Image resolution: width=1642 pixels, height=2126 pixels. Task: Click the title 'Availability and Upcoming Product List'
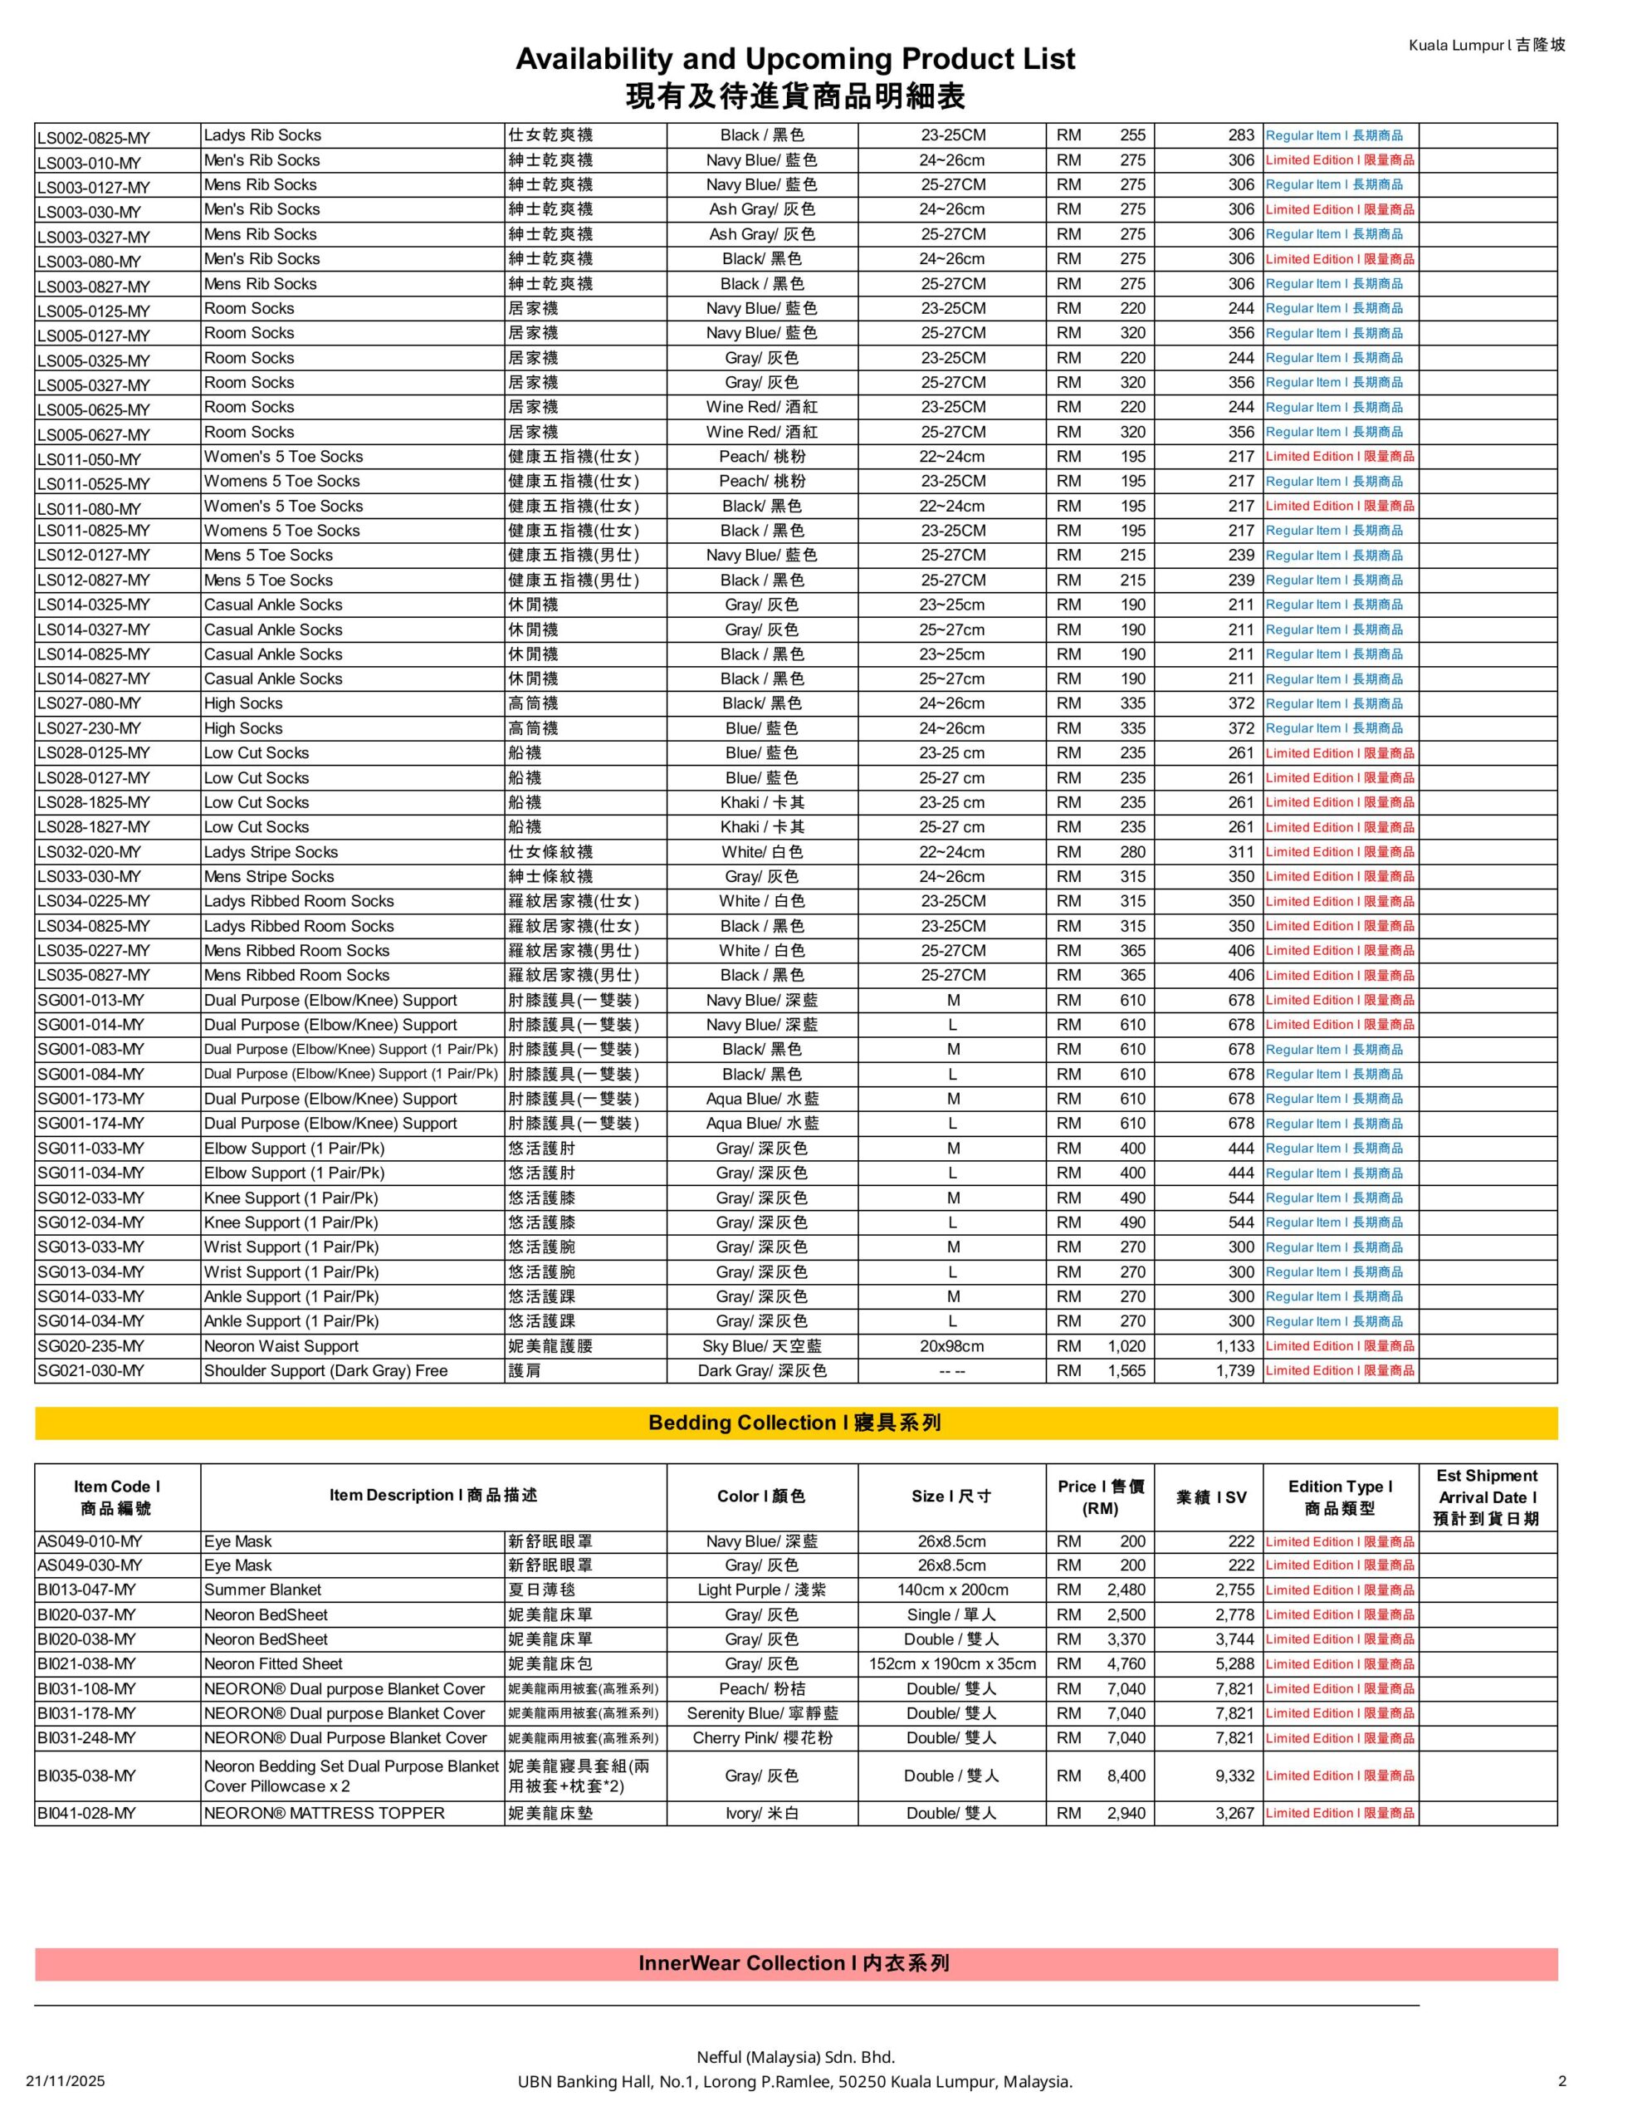point(794,60)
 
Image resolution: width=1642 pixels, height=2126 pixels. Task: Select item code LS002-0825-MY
point(94,137)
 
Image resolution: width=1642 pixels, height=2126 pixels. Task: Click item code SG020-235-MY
point(90,1346)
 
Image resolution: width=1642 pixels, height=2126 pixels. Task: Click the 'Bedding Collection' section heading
point(794,1423)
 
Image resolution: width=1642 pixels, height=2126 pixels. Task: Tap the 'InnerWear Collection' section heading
point(794,1963)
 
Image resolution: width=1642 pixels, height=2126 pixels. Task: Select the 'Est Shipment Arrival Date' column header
point(1486,1497)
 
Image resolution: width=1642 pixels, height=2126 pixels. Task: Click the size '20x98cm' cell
point(952,1346)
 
